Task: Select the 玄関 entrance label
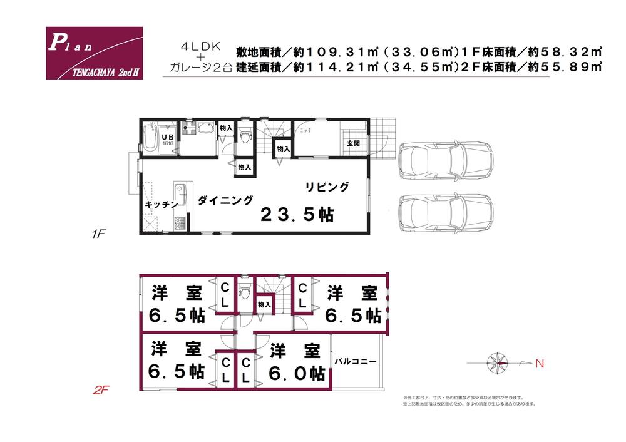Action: (x=354, y=143)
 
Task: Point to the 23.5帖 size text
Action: (x=297, y=215)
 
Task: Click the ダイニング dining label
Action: (x=226, y=200)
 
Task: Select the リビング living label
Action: (x=327, y=187)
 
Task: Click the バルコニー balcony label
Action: (x=355, y=361)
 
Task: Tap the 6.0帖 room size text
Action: (x=297, y=374)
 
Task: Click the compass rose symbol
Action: (x=500, y=362)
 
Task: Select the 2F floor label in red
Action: (x=101, y=391)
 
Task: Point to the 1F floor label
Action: (x=100, y=235)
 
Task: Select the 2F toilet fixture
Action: (x=246, y=293)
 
